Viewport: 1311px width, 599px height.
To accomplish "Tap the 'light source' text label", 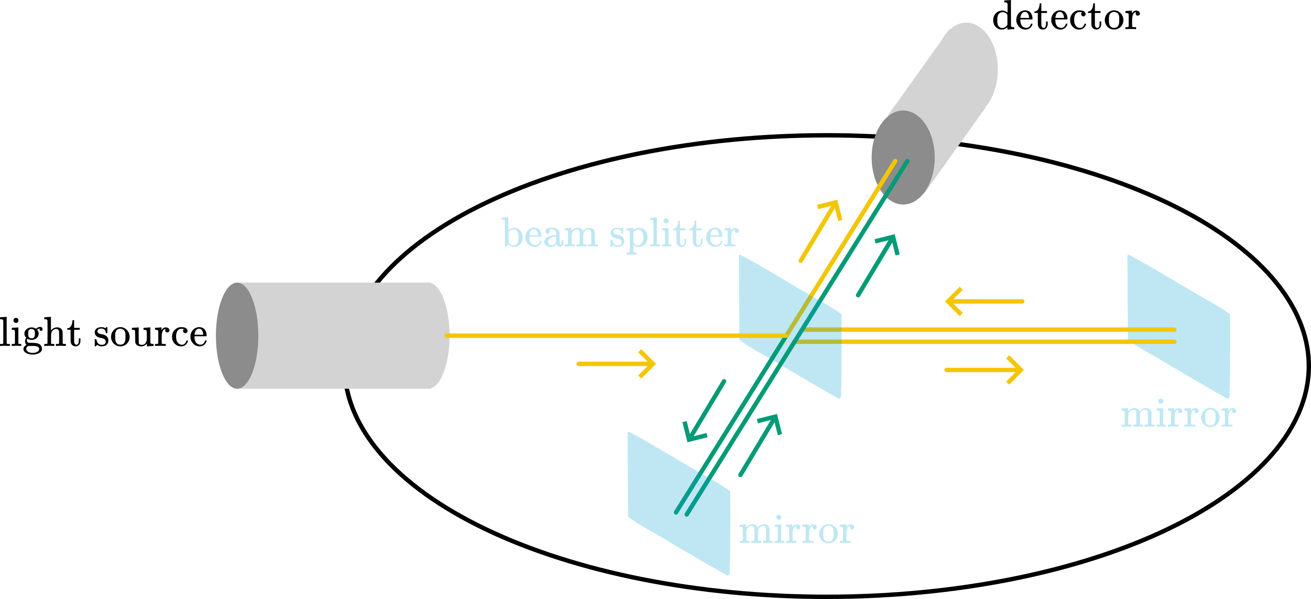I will pos(103,333).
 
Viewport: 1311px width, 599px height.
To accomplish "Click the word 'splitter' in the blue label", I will pos(674,235).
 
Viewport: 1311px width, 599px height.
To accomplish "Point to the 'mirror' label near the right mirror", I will pos(1178,415).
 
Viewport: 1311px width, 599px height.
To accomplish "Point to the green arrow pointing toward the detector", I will pos(878,265).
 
